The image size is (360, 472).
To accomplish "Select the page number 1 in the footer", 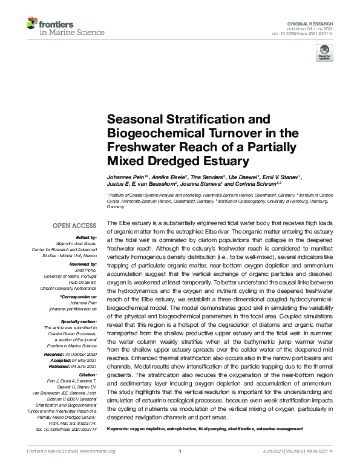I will point(180,451).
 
